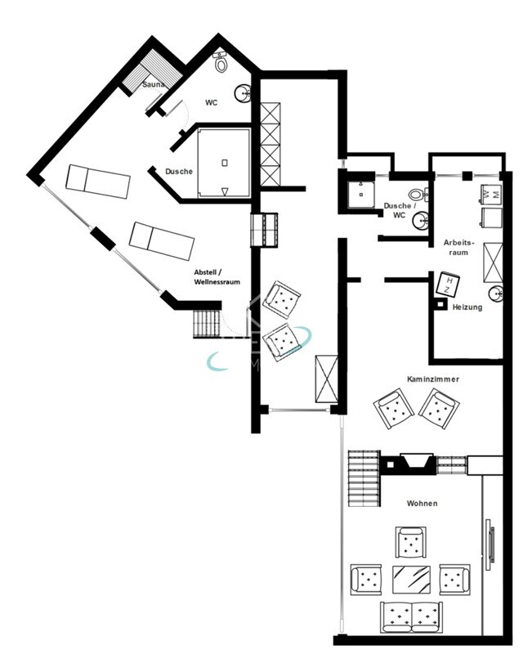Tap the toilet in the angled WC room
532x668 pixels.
221,61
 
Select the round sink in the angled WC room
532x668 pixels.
243,95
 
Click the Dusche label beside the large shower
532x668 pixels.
178,172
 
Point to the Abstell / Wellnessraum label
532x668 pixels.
217,276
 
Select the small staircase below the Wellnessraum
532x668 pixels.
207,323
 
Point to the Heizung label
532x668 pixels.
467,307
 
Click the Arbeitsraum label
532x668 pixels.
457,248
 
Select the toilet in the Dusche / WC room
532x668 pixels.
418,195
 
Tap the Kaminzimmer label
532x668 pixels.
432,379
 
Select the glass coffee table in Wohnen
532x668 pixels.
413,579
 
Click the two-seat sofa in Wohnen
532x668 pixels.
411,616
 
